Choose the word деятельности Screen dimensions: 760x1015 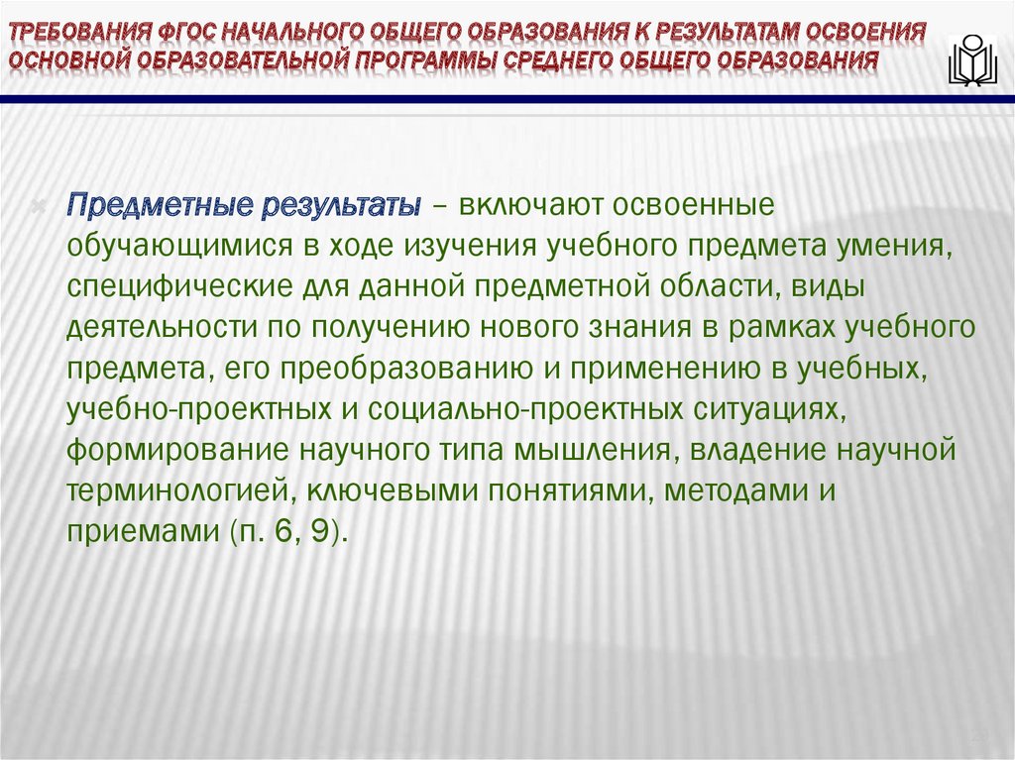(x=155, y=326)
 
